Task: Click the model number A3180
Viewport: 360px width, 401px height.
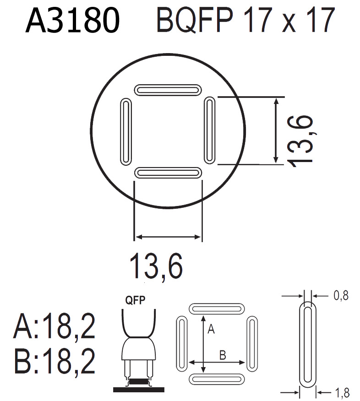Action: coord(73,21)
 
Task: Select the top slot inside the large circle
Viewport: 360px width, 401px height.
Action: coord(168,88)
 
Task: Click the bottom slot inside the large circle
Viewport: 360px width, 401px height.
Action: coord(168,172)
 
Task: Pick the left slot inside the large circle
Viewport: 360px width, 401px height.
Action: coord(125,130)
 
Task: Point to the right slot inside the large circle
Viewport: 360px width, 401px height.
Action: coord(209,130)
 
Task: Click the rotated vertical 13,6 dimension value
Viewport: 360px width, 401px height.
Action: coord(301,139)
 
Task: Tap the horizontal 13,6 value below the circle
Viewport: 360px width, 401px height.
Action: coord(156,266)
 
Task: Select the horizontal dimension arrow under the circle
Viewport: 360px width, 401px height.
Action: coord(168,237)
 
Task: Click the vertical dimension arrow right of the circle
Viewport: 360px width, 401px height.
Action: coord(275,130)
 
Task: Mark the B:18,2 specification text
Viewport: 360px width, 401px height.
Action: coord(55,361)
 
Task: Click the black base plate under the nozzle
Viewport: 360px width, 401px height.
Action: coord(139,390)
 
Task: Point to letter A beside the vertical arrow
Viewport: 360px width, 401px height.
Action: coord(211,328)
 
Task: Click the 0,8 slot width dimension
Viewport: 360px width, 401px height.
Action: coord(340,296)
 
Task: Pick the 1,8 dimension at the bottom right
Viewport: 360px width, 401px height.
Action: coord(341,392)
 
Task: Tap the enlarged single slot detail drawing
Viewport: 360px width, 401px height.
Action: coord(307,344)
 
